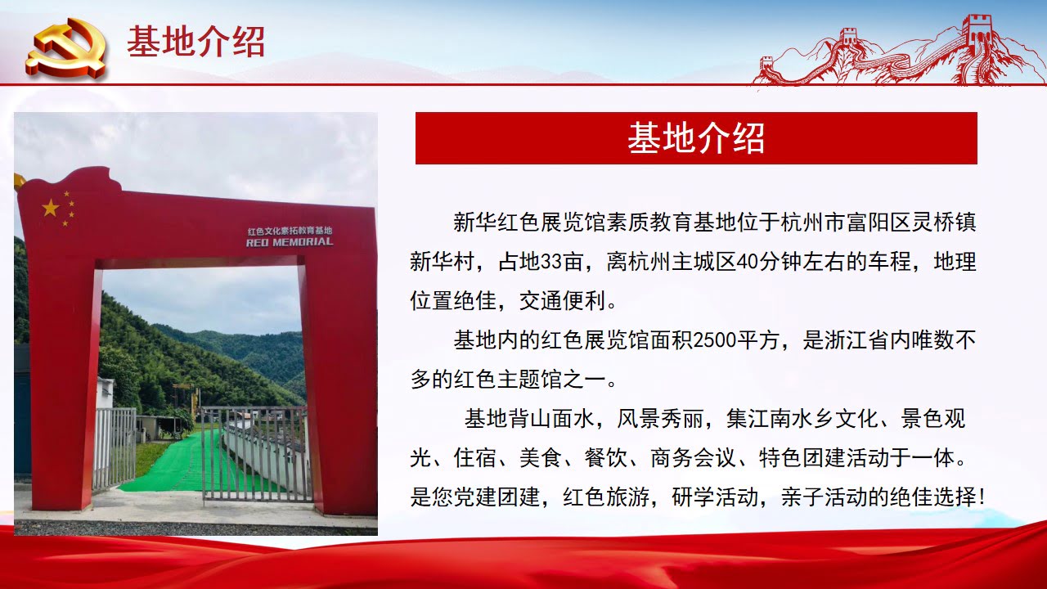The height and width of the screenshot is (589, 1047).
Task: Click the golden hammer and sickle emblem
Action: [67, 48]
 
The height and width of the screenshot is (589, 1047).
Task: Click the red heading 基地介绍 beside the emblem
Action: [195, 42]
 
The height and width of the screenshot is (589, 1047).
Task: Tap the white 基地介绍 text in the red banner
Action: [696, 138]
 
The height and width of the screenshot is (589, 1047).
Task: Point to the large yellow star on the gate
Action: [51, 208]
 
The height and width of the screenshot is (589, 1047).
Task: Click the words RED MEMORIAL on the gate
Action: [290, 242]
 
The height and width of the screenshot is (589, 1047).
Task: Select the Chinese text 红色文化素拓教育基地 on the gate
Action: [290, 231]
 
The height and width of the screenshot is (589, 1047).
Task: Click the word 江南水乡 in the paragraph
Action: [791, 418]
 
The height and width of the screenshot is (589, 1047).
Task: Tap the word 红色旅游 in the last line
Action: [606, 497]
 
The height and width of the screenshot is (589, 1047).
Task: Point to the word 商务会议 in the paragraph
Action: [693, 457]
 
